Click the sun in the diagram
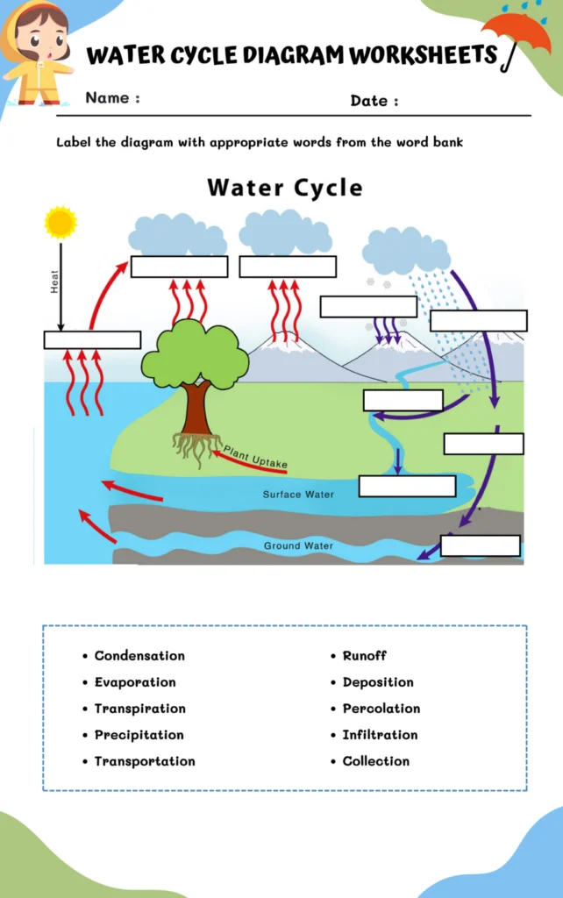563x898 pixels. (61, 223)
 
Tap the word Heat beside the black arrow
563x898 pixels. (54, 281)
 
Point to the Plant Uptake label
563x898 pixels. (255, 457)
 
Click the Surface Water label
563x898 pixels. (298, 495)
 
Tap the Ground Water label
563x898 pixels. (298, 545)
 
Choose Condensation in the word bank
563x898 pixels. (139, 656)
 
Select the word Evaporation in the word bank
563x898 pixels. (135, 682)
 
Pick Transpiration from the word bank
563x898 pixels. (140, 709)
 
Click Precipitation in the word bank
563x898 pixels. (139, 735)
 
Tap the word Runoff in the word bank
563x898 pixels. (364, 656)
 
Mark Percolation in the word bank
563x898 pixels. (381, 709)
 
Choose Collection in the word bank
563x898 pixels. (376, 761)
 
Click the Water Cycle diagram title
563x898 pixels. (284, 188)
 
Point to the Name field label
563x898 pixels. (112, 98)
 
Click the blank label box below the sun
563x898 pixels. (92, 340)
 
